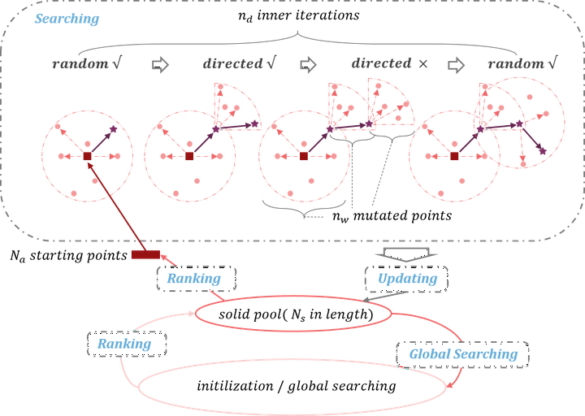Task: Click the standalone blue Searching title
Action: tap(67, 19)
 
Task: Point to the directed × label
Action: tap(389, 64)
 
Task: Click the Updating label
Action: tap(407, 279)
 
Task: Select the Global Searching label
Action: tap(462, 354)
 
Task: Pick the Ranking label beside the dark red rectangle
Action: tap(194, 279)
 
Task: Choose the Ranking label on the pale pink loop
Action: tap(124, 344)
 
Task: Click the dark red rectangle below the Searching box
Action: tap(145, 256)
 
